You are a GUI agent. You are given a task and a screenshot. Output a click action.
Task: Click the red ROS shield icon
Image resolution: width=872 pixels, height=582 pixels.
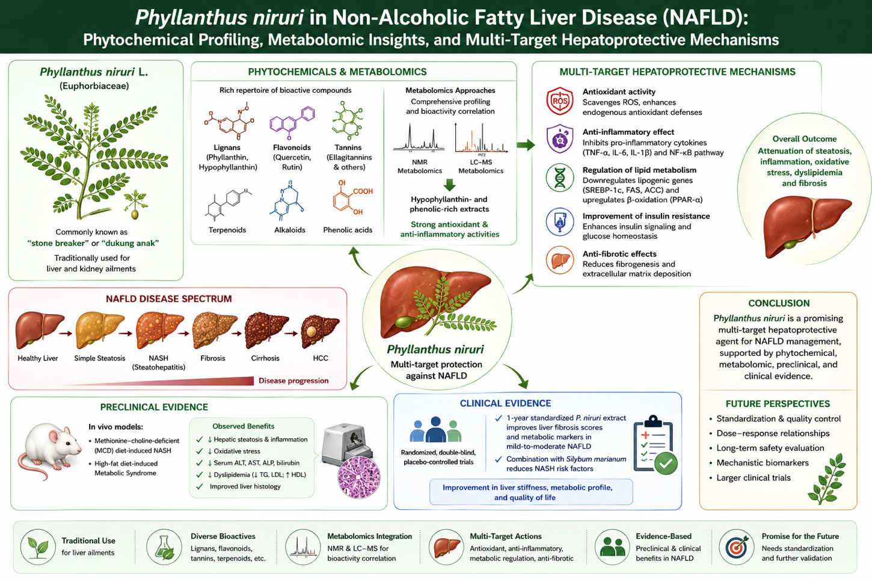coord(560,101)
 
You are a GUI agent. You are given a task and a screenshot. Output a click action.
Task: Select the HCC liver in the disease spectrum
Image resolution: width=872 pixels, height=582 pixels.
coord(321,332)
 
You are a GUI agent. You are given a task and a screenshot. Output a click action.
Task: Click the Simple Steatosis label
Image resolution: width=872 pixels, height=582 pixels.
coord(100,358)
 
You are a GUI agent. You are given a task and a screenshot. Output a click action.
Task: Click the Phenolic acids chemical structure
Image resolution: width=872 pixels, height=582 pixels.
coord(352,198)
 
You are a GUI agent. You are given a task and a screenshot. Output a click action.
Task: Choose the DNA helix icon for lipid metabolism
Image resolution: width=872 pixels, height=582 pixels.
coord(560,178)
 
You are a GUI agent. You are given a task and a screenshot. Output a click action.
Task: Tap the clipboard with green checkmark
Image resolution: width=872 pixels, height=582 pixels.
coord(656,445)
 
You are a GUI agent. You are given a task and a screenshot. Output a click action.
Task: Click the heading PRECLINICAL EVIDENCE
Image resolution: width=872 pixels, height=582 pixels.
coord(154,407)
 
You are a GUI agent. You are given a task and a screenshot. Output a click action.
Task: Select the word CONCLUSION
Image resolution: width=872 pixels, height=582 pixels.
coord(779,303)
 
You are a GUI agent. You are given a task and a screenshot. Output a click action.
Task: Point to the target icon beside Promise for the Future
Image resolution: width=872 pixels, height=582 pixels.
coord(737,547)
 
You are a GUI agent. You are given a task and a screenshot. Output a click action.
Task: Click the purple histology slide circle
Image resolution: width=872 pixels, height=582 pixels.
coord(359,478)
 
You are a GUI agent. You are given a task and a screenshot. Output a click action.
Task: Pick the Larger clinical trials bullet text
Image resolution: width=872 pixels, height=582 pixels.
coord(754,478)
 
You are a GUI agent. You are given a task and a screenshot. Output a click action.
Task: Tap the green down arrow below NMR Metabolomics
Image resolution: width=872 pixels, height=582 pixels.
coord(450,185)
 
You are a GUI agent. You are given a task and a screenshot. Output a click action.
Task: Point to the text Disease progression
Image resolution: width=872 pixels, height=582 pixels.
coord(293,380)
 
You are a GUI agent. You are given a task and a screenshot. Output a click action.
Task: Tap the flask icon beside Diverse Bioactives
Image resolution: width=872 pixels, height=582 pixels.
coord(164,547)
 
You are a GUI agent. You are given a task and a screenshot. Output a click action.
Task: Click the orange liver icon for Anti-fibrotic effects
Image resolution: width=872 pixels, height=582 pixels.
coord(560,260)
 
